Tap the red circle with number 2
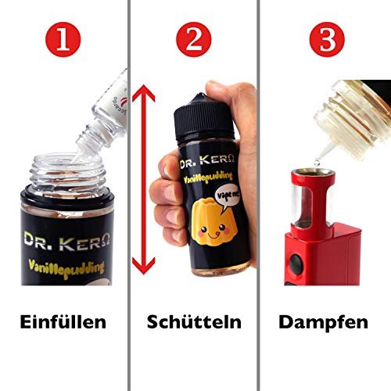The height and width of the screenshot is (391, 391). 193,36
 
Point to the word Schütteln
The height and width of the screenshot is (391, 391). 194,321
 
